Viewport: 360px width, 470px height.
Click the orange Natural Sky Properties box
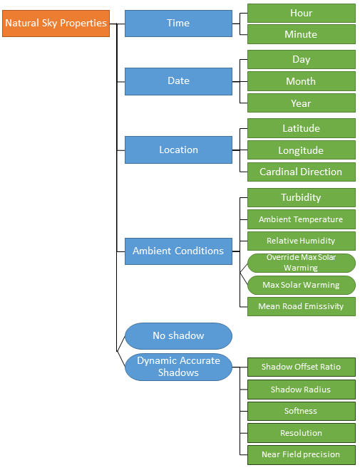pos(56,23)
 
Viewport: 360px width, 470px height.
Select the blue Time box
pos(178,23)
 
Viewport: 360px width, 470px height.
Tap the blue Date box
pos(178,81)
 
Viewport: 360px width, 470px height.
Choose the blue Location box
pos(178,150)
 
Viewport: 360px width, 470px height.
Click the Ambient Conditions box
pos(178,251)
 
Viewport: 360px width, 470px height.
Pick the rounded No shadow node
pos(178,335)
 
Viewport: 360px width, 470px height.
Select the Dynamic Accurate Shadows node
pos(178,367)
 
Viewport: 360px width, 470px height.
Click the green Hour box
pos(301,13)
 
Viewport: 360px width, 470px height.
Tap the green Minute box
pos(301,34)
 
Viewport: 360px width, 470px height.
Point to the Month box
pos(301,81)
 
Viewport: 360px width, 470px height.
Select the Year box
pos(301,103)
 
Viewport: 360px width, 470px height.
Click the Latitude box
pos(301,128)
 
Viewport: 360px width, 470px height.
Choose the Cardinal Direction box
pos(301,172)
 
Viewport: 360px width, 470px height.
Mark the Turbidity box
pos(301,197)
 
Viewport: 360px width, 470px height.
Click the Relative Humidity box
pos(301,241)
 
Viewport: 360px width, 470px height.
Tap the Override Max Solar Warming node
pos(301,263)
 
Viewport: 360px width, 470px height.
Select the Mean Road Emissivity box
pos(301,306)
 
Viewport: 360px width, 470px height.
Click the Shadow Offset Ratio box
pos(301,367)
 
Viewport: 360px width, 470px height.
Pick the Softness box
pos(301,411)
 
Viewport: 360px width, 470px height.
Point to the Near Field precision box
pos(301,454)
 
